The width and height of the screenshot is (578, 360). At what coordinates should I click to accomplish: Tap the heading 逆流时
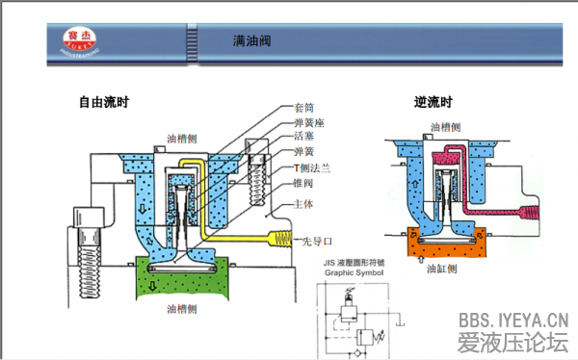coord(433,102)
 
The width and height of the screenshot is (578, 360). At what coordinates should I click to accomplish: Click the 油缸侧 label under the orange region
coord(442,270)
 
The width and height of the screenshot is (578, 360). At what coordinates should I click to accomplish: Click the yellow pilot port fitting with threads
coord(279,240)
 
